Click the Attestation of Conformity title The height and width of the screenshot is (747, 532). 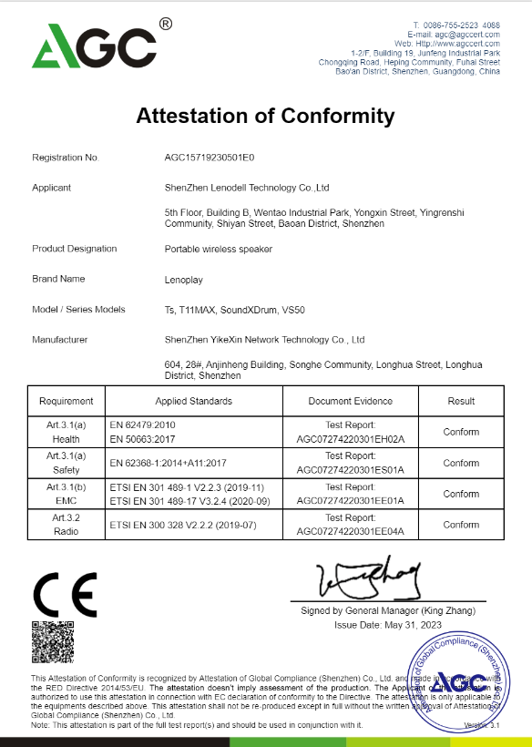coord(265,116)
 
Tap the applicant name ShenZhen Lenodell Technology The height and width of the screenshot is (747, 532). coord(247,188)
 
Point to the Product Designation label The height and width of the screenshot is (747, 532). coord(75,249)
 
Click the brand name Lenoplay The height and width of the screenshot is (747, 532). coord(183,279)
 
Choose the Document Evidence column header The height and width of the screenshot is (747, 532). coord(351,401)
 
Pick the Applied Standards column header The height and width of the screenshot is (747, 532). coord(194,401)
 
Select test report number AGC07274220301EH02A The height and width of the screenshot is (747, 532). coord(351,438)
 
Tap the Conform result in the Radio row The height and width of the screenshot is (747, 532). coord(461,525)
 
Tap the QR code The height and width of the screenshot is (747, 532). coord(52,643)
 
